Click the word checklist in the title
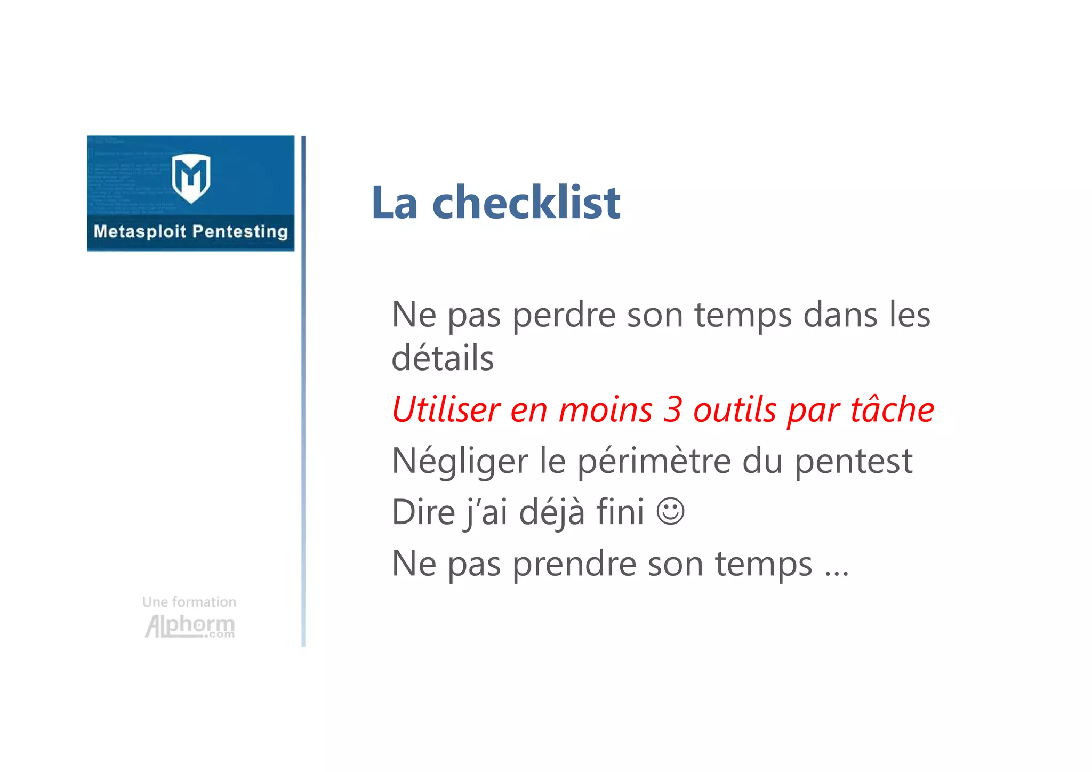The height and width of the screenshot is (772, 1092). pos(526,203)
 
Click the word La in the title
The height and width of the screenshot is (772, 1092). pos(395,203)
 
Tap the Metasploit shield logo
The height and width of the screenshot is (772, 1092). pos(191,178)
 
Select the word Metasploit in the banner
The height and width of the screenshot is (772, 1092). pos(140,231)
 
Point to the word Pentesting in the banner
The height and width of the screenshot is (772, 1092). pos(239,231)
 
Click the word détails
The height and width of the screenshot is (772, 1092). pos(443,358)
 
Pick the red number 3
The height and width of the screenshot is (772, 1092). pos(673,409)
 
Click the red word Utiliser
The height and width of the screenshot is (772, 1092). pos(446,409)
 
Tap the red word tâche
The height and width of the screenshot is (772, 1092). pos(892,409)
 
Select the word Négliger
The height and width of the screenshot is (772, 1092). pos(460,461)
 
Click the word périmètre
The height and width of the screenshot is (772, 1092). pos(654,461)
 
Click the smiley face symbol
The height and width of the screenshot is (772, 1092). pos(670,511)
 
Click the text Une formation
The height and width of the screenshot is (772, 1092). pos(189,602)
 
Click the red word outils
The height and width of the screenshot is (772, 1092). pos(735,409)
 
